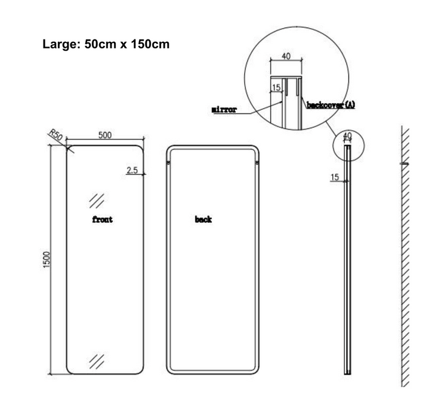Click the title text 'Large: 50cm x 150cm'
106,44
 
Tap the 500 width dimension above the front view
105,136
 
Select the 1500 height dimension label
47,260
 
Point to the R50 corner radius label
56,135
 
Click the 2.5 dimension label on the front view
132,170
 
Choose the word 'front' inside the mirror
103,220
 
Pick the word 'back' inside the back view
203,219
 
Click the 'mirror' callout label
224,109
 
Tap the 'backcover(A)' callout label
331,105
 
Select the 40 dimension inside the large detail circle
286,56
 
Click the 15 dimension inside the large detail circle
276,88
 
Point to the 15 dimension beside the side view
335,177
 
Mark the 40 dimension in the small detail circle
347,136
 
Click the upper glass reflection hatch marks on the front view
97,201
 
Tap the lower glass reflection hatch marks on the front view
97,361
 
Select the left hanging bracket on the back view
168,163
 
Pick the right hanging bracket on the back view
257,163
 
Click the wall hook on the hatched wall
405,164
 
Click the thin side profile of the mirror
347,260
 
